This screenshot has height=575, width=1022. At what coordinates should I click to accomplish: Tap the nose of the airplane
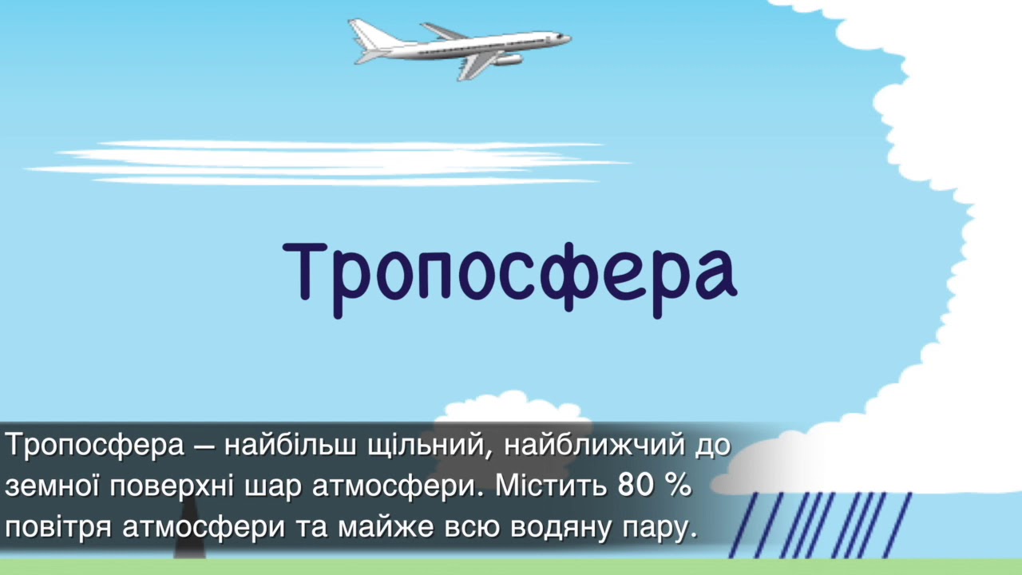567,37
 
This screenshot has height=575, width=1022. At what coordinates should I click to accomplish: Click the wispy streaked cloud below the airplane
327,163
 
